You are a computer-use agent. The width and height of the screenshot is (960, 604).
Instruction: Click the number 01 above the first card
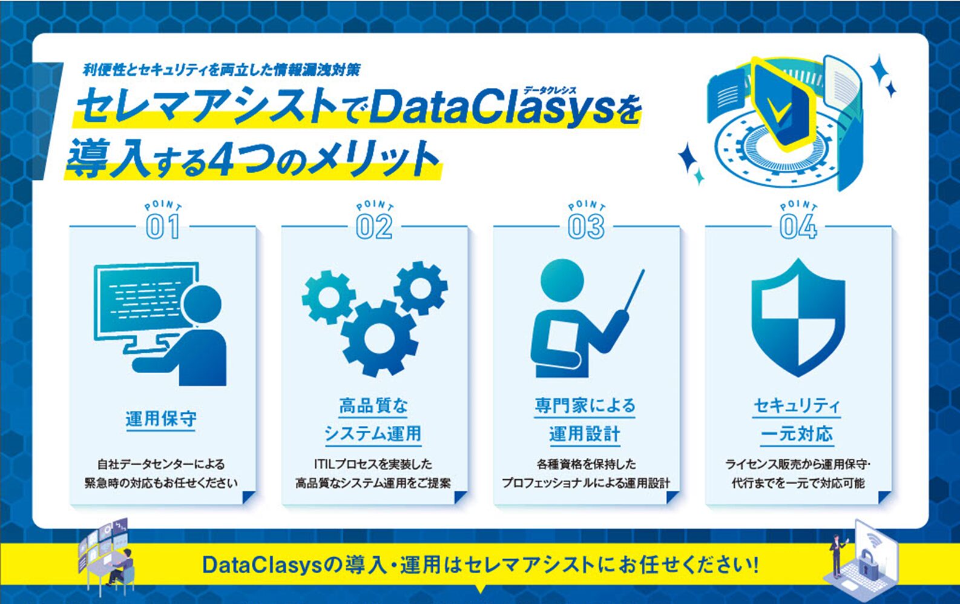[x=162, y=227]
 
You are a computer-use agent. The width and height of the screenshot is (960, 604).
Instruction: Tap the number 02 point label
[x=374, y=227]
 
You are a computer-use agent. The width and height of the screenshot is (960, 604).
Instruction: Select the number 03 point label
[x=586, y=227]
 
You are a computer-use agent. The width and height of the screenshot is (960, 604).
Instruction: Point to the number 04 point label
[x=798, y=227]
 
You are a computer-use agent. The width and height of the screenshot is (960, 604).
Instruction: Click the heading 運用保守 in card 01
[x=161, y=419]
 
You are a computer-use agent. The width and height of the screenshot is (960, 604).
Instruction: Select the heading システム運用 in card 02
[x=373, y=434]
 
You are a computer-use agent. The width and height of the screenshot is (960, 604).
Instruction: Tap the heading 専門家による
[x=585, y=405]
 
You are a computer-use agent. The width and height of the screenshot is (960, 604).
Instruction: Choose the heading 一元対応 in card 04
[x=797, y=434]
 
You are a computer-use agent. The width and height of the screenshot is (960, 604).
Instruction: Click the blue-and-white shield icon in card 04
[x=798, y=318]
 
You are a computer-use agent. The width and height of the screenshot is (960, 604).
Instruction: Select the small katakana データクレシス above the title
[x=550, y=90]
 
